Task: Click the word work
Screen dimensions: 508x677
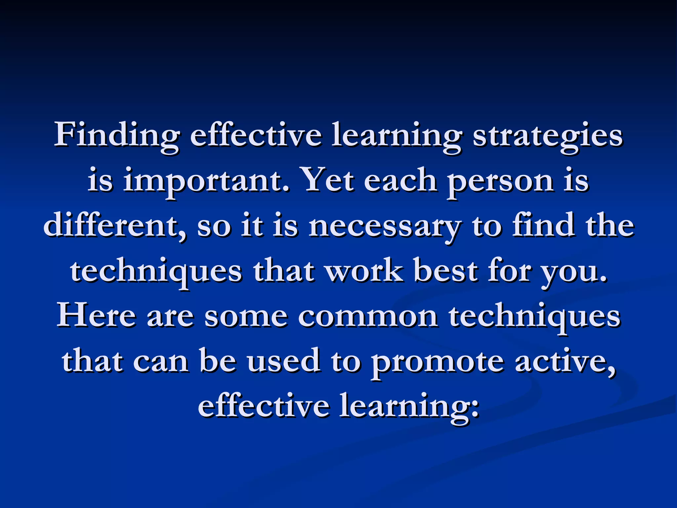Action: point(364,271)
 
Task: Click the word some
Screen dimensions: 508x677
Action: point(246,317)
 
